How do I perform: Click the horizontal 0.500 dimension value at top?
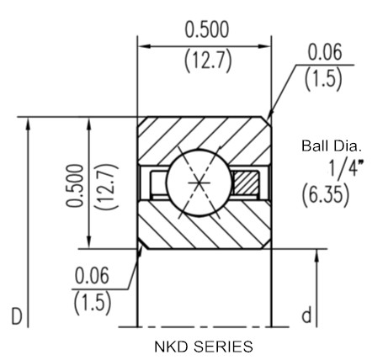[x=207, y=29]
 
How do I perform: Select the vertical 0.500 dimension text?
[x=75, y=186]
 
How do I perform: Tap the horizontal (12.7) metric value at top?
[x=208, y=61]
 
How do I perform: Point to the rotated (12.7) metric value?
[x=107, y=187]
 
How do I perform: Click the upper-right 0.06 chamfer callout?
[x=325, y=52]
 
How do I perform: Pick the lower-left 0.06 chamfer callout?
[x=92, y=275]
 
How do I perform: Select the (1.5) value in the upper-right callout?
[x=323, y=79]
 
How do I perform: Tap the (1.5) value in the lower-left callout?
[x=93, y=303]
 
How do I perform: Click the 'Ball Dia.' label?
[x=331, y=146]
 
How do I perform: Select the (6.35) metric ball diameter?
[x=326, y=194]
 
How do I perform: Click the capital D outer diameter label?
[x=17, y=316]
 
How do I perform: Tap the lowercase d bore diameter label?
[x=306, y=315]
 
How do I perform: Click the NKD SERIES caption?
[x=204, y=347]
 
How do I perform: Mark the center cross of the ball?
[x=199, y=183]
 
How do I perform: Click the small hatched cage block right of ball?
[x=246, y=183]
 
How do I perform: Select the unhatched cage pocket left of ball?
[x=159, y=183]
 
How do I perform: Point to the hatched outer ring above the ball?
[x=205, y=135]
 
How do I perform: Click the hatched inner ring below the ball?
[x=205, y=230]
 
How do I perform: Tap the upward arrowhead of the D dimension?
[x=28, y=124]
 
